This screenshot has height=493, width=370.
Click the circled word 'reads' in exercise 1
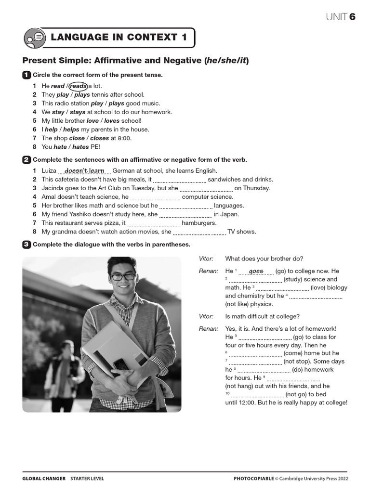[78, 86]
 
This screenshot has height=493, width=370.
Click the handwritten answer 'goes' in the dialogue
[256, 271]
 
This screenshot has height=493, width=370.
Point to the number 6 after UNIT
[353, 17]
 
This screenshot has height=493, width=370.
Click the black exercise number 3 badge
[26, 245]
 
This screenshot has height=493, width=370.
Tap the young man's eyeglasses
[123, 277]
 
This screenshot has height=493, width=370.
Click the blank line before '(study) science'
[255, 280]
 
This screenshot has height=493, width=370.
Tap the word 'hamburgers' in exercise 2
[199, 223]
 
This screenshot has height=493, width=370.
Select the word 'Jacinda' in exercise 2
[53, 188]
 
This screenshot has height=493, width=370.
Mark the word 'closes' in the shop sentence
[99, 138]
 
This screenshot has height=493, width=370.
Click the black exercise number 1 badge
[26, 75]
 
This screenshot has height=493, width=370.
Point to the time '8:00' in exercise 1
[124, 138]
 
